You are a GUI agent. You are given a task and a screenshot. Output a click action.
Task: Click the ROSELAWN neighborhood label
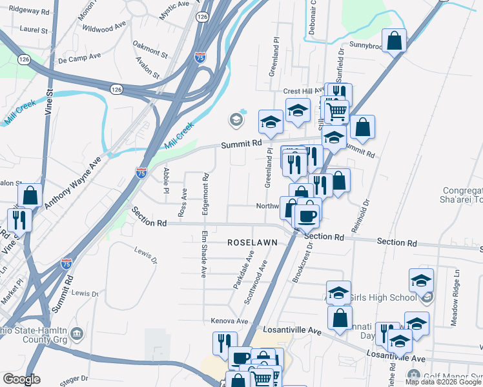(x=252, y=242)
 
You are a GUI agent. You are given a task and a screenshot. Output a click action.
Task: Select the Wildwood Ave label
(x=104, y=28)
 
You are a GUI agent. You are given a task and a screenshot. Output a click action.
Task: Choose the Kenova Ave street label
(x=229, y=321)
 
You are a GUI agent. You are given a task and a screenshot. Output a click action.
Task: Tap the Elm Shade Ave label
(x=203, y=254)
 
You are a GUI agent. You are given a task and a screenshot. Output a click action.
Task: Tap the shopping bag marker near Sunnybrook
(x=394, y=41)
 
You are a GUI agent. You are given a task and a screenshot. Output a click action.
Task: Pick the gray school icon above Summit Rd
(x=236, y=119)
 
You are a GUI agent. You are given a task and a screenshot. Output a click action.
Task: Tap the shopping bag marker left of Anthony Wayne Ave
(x=30, y=195)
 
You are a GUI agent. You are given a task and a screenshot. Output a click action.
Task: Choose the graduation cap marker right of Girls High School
(x=421, y=281)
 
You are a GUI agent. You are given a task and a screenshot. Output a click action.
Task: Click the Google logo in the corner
(x=22, y=379)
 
